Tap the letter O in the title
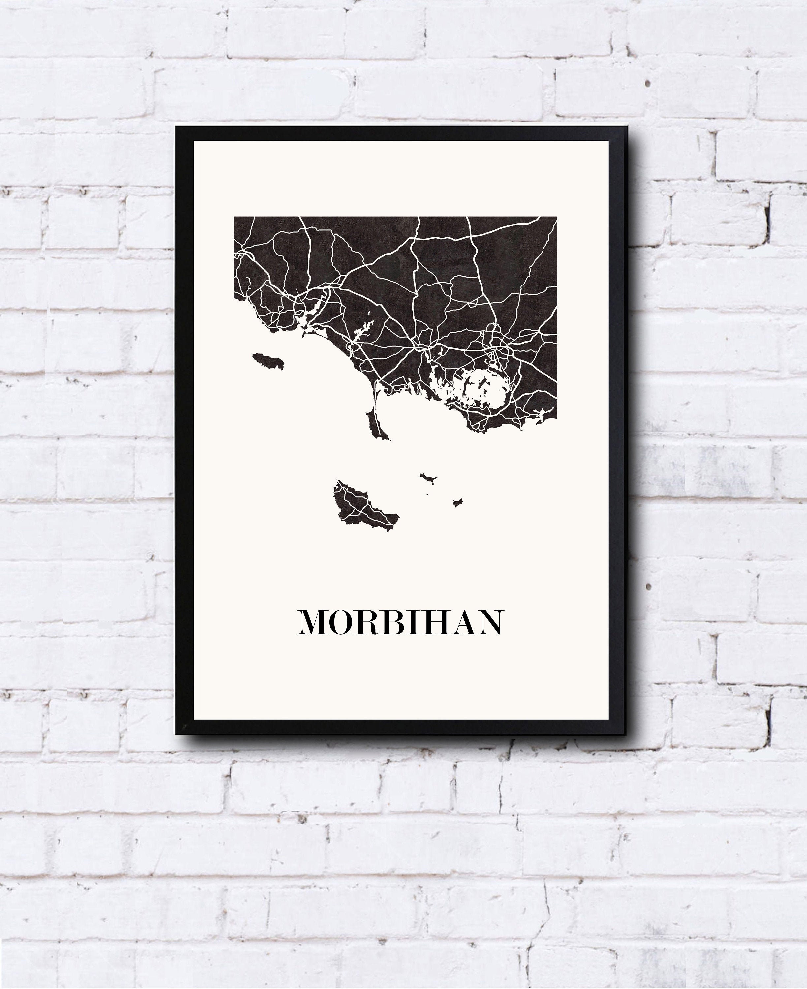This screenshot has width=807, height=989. [343, 622]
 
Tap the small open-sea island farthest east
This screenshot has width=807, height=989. [458, 502]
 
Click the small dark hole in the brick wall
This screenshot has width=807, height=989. [647, 84]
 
